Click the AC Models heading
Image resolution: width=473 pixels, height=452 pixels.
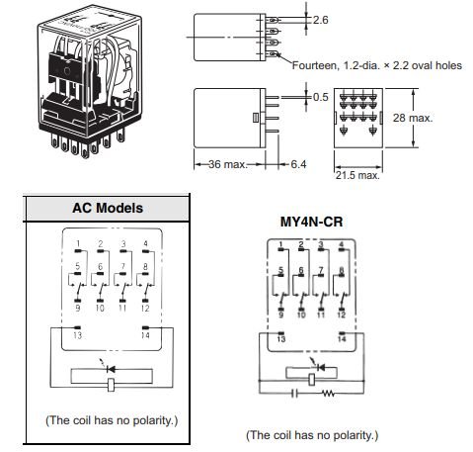pos(108,208)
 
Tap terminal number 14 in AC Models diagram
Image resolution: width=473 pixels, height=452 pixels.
pos(145,336)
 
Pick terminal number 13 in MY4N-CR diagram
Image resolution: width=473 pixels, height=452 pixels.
pos(280,338)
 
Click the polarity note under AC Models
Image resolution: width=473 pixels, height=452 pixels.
pos(111,420)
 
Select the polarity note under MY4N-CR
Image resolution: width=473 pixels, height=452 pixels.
pos(311,434)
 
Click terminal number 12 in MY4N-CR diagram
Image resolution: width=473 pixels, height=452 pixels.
pos(342,316)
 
